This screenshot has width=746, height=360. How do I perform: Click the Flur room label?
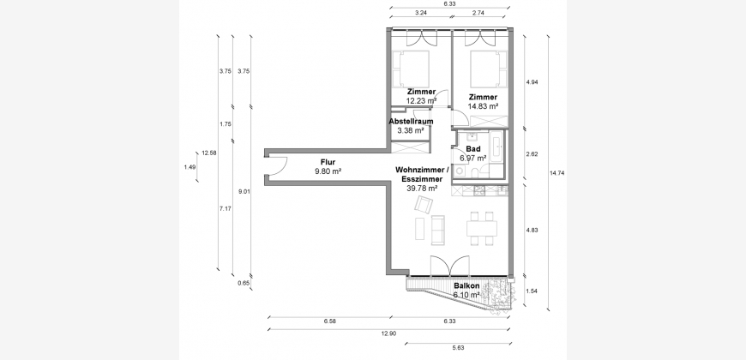[328, 162]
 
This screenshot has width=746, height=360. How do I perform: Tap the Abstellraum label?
[411, 121]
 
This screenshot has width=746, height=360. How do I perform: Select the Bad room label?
[473, 149]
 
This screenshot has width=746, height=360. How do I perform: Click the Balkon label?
[466, 286]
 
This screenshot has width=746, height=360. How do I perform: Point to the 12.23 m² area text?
[421, 101]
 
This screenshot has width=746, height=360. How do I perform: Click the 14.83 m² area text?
[483, 106]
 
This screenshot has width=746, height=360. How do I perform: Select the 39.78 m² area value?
[422, 189]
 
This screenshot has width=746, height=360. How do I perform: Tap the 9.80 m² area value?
[328, 171]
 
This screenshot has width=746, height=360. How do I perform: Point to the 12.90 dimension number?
[388, 333]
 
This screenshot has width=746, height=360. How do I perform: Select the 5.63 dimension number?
[458, 348]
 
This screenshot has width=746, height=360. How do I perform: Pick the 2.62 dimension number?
[532, 154]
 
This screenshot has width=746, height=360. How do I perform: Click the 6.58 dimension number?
[330, 321]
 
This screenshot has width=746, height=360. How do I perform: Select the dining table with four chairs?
[482, 229]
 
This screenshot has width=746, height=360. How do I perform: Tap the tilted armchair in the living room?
[424, 205]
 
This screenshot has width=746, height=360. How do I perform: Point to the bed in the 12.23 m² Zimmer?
[411, 69]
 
